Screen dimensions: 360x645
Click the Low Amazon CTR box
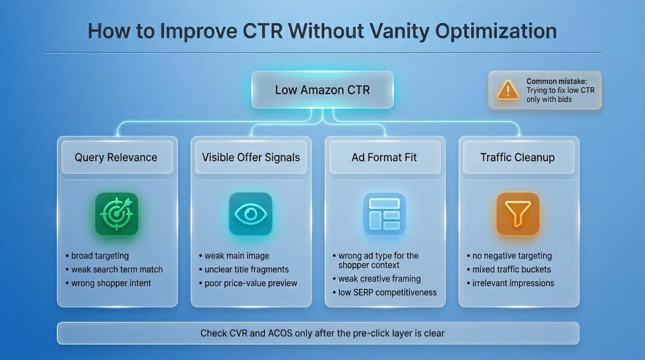322,90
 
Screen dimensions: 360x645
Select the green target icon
117,214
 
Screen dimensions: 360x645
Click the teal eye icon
250,214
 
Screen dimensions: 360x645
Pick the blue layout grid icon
384,214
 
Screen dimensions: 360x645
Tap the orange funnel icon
517,214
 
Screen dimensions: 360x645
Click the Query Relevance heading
116,157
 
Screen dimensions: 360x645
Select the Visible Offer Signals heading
251,157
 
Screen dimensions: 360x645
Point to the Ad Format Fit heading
384,157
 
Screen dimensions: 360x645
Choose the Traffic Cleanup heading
517,157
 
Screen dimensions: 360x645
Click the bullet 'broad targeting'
100,256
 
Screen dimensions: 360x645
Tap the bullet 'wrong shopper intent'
111,283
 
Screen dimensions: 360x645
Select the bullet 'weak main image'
237,256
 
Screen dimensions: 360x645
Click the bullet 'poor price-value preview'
251,283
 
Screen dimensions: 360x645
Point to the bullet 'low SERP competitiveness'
387,292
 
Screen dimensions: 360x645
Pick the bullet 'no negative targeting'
512,256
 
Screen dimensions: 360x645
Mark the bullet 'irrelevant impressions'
513,283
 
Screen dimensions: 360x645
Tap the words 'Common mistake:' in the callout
556,82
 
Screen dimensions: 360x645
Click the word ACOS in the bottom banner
280,333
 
